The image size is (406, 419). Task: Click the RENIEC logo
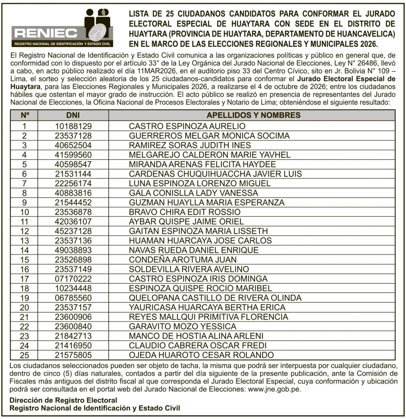(62, 28)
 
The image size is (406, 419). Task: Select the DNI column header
(73, 115)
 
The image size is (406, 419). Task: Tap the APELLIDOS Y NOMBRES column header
(253, 115)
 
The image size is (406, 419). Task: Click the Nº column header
(25, 115)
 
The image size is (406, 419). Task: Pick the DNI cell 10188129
(73, 126)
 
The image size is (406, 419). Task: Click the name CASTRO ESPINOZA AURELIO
(187, 126)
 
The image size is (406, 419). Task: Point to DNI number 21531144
(73, 174)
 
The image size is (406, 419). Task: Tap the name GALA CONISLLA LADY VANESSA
(193, 193)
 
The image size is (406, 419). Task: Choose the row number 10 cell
(25, 212)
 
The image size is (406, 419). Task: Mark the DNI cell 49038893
(73, 250)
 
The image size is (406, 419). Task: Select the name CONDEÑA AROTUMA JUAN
(183, 259)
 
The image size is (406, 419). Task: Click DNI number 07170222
(73, 279)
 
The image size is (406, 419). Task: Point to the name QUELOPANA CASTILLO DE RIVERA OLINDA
(215, 297)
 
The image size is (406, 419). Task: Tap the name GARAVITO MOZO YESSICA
(183, 327)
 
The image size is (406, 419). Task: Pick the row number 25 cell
(25, 355)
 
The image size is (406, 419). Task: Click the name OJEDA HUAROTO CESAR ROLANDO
(201, 355)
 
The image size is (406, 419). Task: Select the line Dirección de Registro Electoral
(63, 401)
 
